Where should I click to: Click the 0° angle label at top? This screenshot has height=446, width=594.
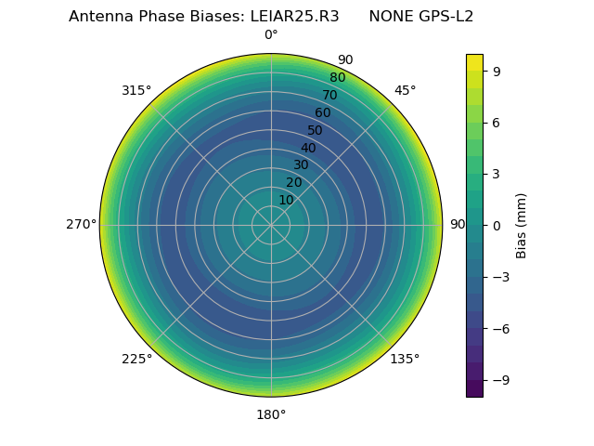[271, 35]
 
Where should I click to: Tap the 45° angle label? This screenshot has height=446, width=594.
[405, 90]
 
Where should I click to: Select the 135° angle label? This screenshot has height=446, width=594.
[405, 359]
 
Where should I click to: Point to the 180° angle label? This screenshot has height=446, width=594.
[271, 414]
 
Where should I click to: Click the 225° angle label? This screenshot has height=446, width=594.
[136, 359]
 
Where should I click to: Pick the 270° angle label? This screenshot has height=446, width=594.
[81, 225]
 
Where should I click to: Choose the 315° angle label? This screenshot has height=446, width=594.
[136, 90]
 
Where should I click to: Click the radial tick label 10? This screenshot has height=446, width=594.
[286, 200]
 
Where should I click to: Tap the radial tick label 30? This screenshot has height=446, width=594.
[301, 165]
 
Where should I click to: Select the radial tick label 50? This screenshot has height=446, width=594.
[316, 130]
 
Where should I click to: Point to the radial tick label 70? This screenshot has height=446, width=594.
[329, 95]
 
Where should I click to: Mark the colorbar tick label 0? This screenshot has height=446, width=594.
[497, 226]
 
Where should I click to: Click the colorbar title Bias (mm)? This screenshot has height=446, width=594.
[522, 225]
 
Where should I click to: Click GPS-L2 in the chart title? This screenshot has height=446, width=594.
[443, 17]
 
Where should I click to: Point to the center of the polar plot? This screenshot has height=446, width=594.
[271, 225]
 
